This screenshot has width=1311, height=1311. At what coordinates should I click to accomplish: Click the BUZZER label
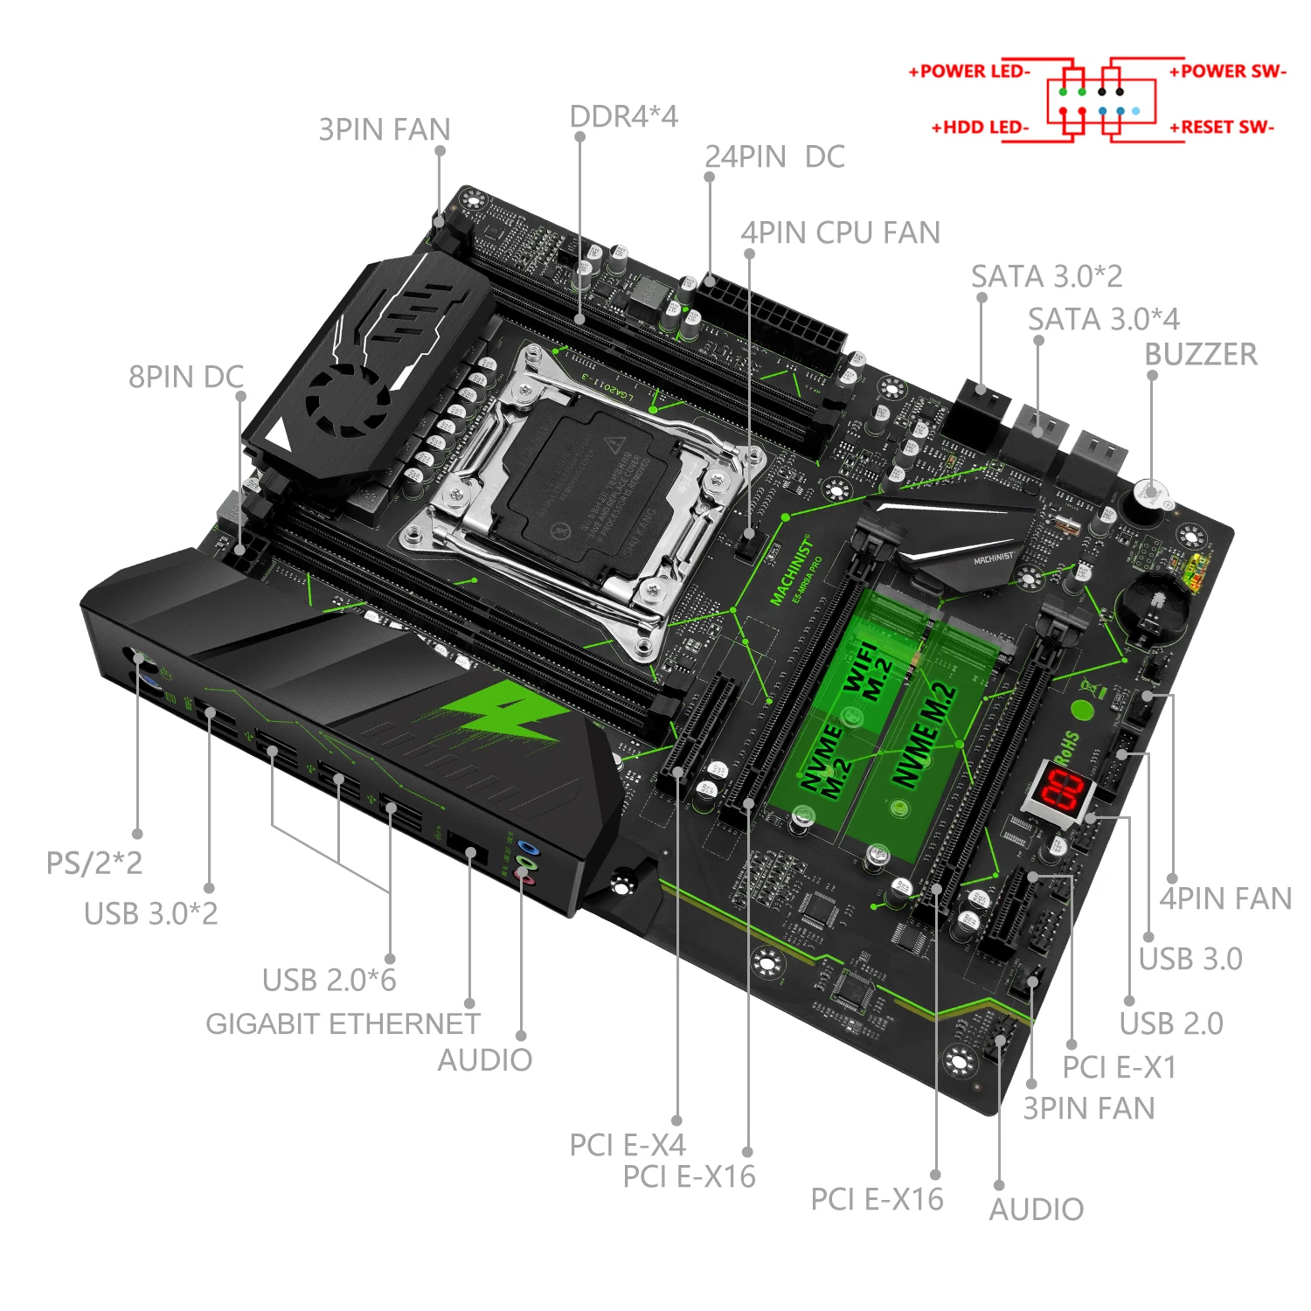click(x=1200, y=355)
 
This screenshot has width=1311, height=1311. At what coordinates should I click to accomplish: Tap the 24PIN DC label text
click(x=774, y=157)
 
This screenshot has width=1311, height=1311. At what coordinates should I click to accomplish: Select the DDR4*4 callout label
click(x=623, y=116)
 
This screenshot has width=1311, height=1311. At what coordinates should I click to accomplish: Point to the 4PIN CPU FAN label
click(x=840, y=232)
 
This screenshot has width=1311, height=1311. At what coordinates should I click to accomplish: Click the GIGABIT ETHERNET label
click(x=343, y=1023)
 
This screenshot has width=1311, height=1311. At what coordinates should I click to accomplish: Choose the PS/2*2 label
click(x=94, y=863)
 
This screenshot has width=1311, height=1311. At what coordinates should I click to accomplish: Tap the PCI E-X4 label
click(x=627, y=1144)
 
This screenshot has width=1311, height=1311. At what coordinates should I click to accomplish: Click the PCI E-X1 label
click(x=1119, y=1067)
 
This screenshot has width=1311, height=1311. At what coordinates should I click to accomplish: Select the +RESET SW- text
click(x=1222, y=128)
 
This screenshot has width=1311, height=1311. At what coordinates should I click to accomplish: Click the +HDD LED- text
click(x=980, y=128)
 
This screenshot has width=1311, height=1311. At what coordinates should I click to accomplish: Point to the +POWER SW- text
click(x=1227, y=72)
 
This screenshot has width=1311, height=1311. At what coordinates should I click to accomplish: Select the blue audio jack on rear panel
click(x=525, y=846)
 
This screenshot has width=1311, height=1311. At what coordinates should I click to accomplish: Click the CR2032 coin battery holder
click(x=1154, y=606)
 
